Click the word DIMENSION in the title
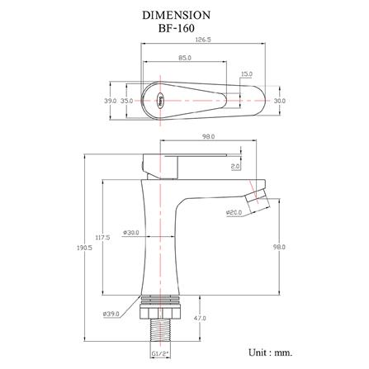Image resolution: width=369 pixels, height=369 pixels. [x=176, y=15]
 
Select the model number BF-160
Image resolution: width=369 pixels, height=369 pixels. [x=176, y=28]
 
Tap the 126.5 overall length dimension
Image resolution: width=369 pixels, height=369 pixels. [x=203, y=40]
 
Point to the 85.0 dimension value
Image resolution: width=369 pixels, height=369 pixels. [x=185, y=58]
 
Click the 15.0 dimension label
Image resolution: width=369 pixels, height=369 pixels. [x=247, y=74]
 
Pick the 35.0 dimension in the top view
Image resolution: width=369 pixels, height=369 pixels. [x=126, y=101]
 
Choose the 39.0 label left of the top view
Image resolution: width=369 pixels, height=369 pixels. [x=111, y=101]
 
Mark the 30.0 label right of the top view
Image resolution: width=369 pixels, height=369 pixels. [x=280, y=101]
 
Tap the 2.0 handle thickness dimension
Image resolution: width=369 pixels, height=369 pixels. [x=235, y=166]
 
